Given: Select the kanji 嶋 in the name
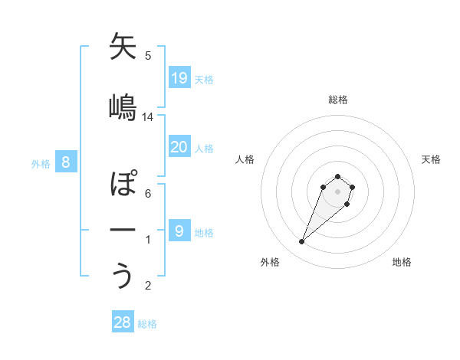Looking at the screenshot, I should pyautogui.click(x=123, y=106).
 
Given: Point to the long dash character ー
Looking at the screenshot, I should pyautogui.click(x=123, y=230).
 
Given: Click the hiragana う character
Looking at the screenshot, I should pyautogui.click(x=123, y=276).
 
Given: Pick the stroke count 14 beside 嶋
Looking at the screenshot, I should pyautogui.click(x=148, y=116).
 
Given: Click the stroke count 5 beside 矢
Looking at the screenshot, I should pyautogui.click(x=148, y=55).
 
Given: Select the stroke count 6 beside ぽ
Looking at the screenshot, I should pyautogui.click(x=148, y=194).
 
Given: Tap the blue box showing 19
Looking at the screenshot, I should pyautogui.click(x=179, y=77).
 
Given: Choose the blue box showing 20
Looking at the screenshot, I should pyautogui.click(x=179, y=147).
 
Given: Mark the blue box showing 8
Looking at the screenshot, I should pyautogui.click(x=66, y=162).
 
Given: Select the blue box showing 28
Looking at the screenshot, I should pyautogui.click(x=123, y=322).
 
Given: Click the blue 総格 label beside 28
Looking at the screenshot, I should pyautogui.click(x=147, y=324).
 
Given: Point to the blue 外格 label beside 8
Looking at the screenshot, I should pyautogui.click(x=40, y=163).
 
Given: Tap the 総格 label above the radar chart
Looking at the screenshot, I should pyautogui.click(x=338, y=100).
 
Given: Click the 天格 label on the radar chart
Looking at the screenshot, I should pyautogui.click(x=431, y=159).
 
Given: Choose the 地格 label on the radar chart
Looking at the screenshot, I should pyautogui.click(x=402, y=262).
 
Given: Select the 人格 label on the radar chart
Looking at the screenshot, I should pyautogui.click(x=245, y=159).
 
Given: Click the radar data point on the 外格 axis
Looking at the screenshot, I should pyautogui.click(x=302, y=242).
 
